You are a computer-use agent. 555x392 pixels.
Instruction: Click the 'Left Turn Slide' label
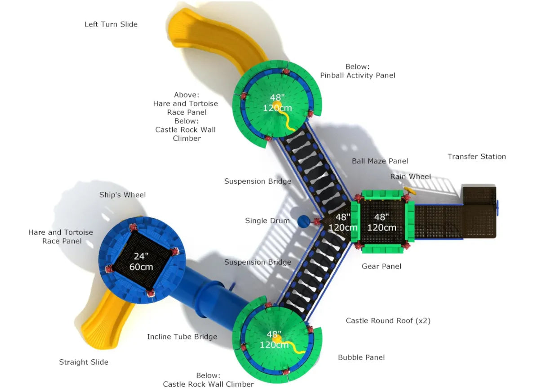click(x=111, y=24)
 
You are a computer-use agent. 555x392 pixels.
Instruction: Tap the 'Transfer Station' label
click(x=476, y=156)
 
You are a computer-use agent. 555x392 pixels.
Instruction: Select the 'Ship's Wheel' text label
click(x=122, y=195)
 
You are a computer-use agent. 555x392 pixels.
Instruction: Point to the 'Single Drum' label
click(x=267, y=221)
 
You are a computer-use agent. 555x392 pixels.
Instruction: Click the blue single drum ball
click(x=304, y=221)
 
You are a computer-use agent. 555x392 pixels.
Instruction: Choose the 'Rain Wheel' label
click(x=410, y=177)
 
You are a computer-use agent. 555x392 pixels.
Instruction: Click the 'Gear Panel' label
click(x=381, y=266)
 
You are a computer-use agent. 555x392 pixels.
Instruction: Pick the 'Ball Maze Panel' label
click(x=380, y=161)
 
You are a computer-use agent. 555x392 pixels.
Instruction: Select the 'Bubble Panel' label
click(x=361, y=357)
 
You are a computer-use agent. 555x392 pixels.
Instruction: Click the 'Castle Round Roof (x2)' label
click(x=388, y=321)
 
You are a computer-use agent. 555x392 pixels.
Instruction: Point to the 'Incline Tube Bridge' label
click(x=182, y=337)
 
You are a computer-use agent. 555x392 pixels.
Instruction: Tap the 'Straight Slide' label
click(x=84, y=362)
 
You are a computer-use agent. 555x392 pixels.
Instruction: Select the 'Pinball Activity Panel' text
click(x=357, y=75)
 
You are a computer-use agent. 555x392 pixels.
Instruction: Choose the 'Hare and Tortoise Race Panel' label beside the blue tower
click(x=61, y=236)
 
